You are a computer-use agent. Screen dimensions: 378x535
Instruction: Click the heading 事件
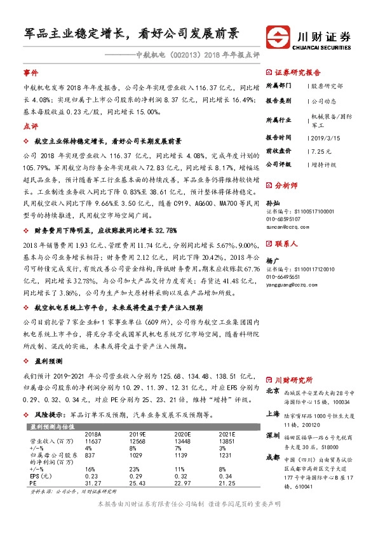pyautogui.click(x=30, y=73)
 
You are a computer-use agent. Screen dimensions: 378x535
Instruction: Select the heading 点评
pyautogui.click(x=30, y=126)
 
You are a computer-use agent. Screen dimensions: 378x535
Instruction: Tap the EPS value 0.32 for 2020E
pyautogui.click(x=183, y=476)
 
